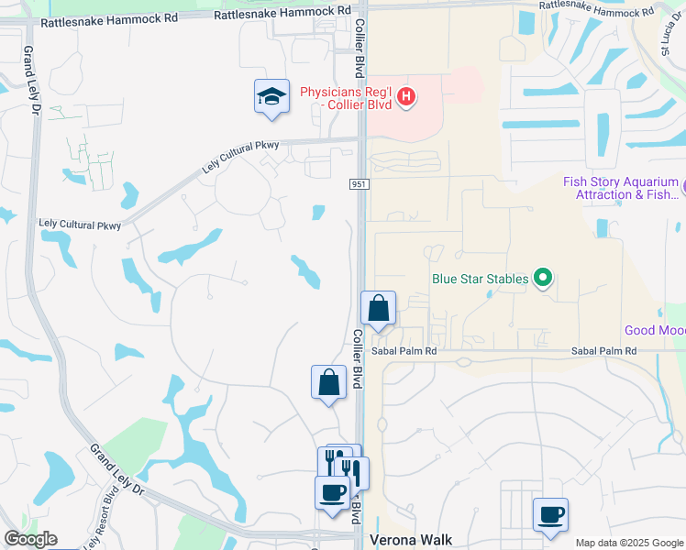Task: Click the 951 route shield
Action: coord(360,185)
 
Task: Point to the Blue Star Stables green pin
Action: coord(543,277)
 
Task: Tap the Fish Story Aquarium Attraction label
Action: coord(621,188)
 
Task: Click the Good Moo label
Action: coord(654,330)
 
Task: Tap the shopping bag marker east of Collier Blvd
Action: coord(378,310)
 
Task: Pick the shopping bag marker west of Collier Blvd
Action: coord(328,382)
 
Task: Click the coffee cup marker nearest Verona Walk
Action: coord(550,515)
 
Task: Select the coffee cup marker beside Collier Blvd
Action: coord(332,493)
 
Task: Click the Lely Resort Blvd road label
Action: coord(102,519)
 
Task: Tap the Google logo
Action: coord(30,539)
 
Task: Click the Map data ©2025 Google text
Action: coord(629,543)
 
